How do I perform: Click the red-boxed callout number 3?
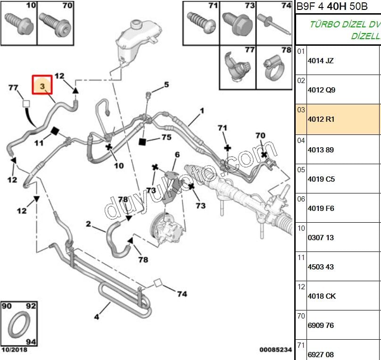coord(42,86)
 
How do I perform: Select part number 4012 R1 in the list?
coord(321,119)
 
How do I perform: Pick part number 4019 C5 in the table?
coord(321,179)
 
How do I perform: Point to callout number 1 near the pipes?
coord(201,111)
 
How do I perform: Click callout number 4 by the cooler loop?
coord(96,317)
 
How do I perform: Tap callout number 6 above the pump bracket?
coord(177,154)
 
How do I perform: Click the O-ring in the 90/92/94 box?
coord(19,325)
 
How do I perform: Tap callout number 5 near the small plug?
coord(166,85)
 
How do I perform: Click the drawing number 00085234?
coord(275,350)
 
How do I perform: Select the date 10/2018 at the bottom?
coord(14,350)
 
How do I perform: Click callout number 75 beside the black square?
coord(166,137)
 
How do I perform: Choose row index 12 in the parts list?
coord(301,286)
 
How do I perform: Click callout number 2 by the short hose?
coord(88,224)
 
